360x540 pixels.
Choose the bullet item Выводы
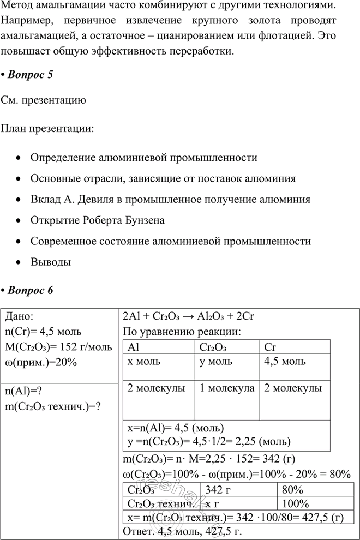(x=51, y=262)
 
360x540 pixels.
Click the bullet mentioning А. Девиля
(x=170, y=200)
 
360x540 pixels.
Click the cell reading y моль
(x=215, y=362)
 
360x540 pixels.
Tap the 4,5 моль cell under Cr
(x=285, y=362)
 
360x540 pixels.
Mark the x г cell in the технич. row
(x=211, y=503)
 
